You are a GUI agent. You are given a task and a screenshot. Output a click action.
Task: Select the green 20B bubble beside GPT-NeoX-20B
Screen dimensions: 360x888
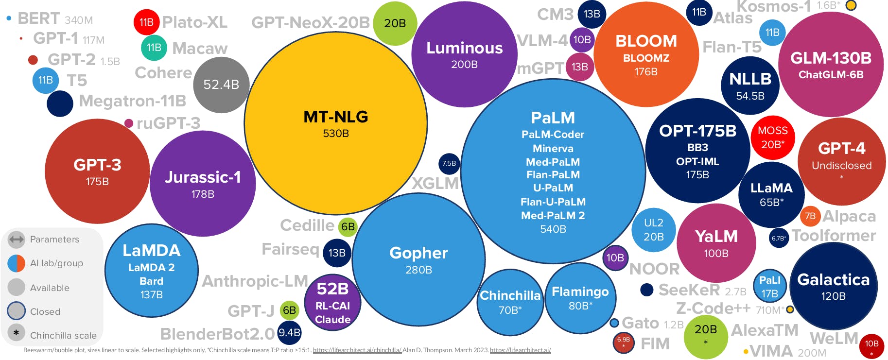pos(395,23)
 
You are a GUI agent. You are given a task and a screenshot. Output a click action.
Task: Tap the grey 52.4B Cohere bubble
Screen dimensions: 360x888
pos(221,85)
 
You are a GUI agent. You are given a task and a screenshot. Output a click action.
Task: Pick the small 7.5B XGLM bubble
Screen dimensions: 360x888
pos(449,164)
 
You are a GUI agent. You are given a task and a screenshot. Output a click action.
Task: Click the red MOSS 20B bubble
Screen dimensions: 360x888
pos(772,137)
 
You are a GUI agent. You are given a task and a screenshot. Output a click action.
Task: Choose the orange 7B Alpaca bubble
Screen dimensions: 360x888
pos(810,216)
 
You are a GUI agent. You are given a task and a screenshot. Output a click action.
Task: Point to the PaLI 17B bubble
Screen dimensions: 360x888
pos(769,287)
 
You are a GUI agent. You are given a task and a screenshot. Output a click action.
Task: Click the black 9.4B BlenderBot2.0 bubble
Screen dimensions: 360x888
pos(289,333)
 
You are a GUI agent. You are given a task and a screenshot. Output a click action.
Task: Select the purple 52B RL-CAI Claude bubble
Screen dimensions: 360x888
pos(332,303)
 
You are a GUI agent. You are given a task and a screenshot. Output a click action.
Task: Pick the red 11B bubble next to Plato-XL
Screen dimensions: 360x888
pos(146,22)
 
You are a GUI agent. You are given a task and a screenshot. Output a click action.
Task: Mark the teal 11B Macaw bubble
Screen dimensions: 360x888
pos(154,48)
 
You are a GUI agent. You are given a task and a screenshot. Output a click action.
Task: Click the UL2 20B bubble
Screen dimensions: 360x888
pos(653,230)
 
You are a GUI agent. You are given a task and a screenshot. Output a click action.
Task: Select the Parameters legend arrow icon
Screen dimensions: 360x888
pos(17,239)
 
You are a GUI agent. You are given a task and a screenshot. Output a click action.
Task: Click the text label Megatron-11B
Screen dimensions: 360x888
pos(132,101)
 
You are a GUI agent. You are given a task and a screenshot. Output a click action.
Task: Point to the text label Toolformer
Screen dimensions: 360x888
pos(834,236)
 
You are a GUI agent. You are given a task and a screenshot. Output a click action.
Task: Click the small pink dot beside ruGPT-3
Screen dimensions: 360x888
pos(129,123)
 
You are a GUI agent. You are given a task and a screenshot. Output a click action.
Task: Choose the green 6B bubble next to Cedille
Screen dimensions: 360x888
pos(348,227)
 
